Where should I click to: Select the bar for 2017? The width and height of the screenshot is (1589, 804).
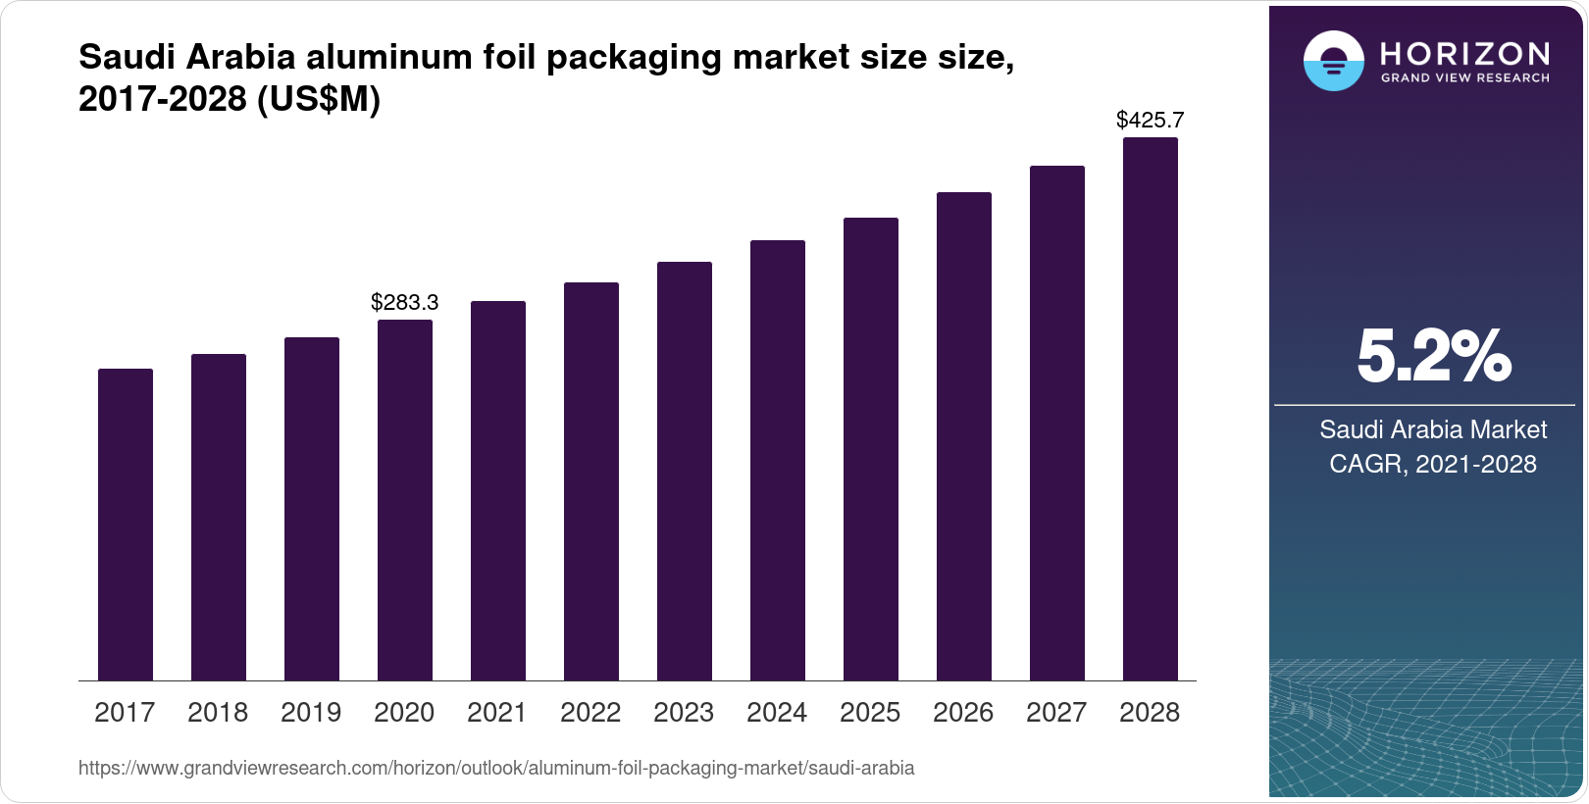(126, 525)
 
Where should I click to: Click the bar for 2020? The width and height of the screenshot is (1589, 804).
(405, 500)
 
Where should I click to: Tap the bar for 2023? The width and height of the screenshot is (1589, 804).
(685, 471)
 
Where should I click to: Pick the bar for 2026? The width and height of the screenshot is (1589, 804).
(964, 436)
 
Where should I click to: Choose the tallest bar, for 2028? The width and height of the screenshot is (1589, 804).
(1151, 409)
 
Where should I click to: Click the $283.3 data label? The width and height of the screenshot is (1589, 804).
(404, 303)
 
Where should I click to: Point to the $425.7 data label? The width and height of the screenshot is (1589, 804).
(1150, 121)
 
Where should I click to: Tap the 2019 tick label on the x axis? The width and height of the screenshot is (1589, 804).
(311, 713)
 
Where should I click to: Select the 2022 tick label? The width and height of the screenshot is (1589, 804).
(590, 713)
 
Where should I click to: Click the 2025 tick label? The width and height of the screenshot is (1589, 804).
(870, 713)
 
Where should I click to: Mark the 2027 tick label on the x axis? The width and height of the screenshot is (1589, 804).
(1056, 713)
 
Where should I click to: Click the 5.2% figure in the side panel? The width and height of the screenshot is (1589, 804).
(1433, 357)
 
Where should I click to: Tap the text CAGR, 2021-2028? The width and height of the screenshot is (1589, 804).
(1432, 464)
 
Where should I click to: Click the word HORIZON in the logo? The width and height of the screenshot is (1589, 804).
(1464, 54)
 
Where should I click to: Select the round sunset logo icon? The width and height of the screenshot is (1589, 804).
(1333, 62)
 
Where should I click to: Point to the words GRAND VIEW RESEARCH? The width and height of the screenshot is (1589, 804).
(1464, 78)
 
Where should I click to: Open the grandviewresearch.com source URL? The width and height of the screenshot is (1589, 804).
(495, 769)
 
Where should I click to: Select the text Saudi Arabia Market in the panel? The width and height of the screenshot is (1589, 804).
(1432, 429)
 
